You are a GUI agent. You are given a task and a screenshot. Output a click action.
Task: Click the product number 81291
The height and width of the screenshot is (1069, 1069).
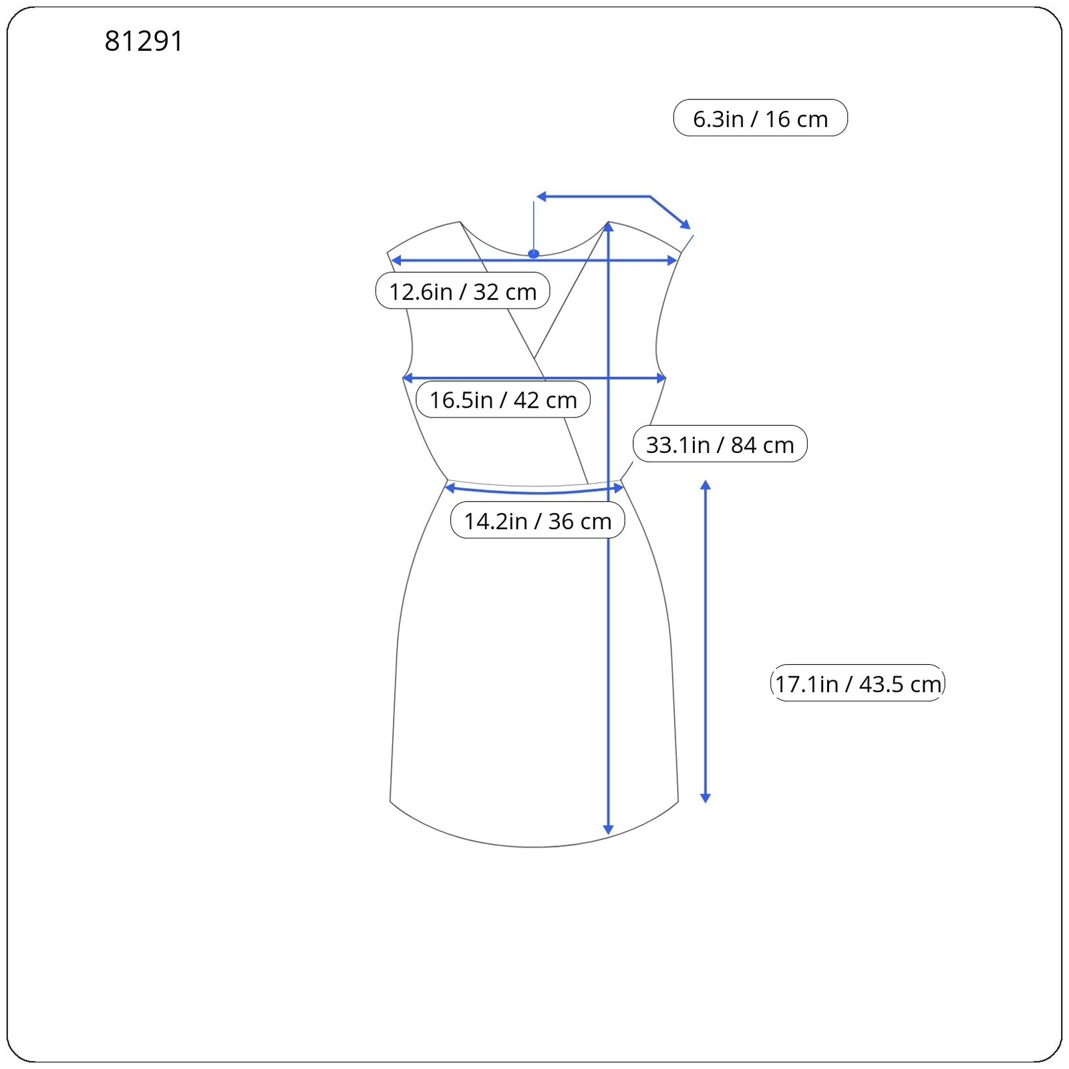point(144,41)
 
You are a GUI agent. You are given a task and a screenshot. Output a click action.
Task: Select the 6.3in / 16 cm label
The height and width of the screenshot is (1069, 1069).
point(760,118)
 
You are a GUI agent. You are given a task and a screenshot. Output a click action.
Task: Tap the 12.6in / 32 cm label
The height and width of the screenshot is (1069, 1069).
point(462,291)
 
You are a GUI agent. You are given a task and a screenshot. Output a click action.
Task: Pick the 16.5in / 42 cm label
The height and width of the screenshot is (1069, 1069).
point(503,400)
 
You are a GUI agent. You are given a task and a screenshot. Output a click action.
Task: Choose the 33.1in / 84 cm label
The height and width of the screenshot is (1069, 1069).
point(720,444)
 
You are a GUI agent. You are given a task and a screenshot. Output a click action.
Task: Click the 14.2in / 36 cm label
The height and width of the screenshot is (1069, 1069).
point(538,520)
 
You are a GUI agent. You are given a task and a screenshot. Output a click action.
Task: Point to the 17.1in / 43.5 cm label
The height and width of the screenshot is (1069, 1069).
point(858,683)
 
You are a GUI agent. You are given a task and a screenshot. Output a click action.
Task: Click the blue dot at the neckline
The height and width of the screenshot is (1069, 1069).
point(533,254)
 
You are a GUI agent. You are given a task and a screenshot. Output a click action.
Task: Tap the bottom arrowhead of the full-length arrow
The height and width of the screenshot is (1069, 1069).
point(608,830)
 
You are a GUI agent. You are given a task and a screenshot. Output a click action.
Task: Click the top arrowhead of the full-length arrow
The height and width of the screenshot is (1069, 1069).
point(608,227)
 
